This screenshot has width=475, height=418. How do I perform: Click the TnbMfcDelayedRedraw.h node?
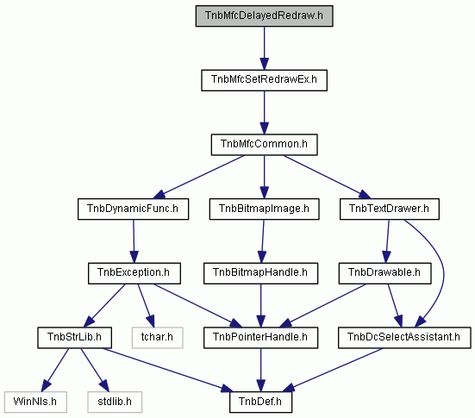(x=264, y=16)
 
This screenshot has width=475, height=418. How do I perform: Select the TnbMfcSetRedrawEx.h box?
(x=264, y=80)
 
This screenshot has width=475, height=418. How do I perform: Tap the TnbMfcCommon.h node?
(x=264, y=145)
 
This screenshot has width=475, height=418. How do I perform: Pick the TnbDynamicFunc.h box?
(x=133, y=209)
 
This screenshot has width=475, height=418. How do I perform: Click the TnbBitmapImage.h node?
(x=264, y=209)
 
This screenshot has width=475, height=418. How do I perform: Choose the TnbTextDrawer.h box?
(x=390, y=209)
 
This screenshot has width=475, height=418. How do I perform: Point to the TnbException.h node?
(x=134, y=273)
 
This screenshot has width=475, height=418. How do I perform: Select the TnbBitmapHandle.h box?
(x=260, y=273)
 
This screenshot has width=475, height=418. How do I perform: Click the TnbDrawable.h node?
(x=384, y=273)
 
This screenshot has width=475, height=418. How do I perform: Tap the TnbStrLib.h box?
(x=74, y=338)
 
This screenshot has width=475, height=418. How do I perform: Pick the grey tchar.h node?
(x=157, y=338)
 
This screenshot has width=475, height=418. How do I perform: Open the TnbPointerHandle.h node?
(x=260, y=338)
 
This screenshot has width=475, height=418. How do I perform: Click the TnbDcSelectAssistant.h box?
(x=404, y=338)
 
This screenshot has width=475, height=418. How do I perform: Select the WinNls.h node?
(x=35, y=402)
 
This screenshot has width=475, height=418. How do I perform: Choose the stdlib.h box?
(x=115, y=402)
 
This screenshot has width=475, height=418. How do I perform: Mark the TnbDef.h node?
(x=260, y=402)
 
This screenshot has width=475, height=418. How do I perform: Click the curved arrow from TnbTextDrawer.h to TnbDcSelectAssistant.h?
(x=443, y=272)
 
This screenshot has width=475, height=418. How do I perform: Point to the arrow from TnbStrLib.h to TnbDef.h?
(x=166, y=370)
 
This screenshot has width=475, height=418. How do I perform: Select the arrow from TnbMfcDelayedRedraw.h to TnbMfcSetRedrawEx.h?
(x=264, y=48)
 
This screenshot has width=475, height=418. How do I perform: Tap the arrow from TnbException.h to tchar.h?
(x=146, y=305)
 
